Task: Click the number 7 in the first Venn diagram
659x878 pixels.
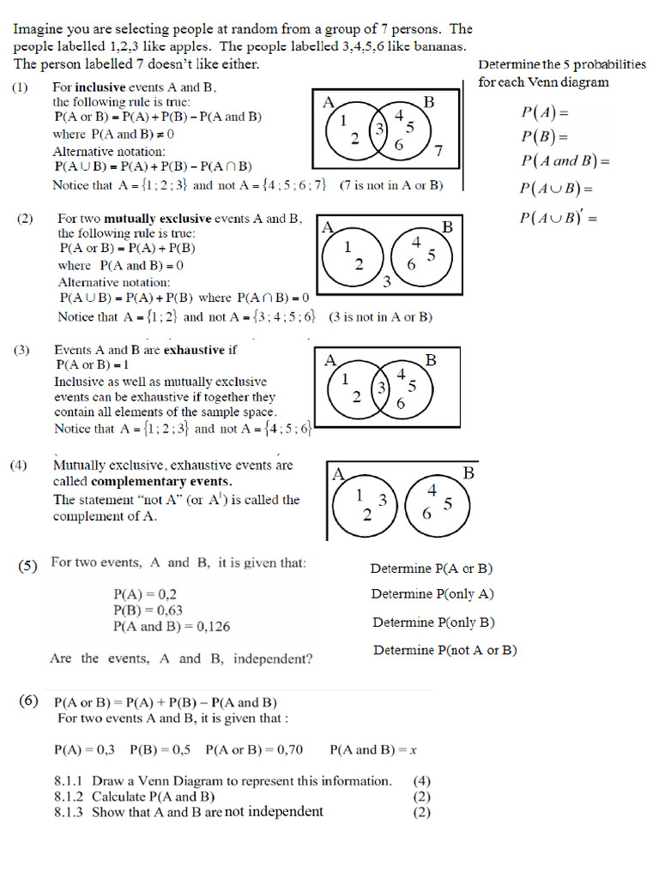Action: coord(438,152)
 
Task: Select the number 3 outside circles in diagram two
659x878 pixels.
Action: coord(387,281)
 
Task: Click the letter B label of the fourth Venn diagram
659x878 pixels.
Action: coord(469,472)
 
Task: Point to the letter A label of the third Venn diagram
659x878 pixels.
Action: coord(329,361)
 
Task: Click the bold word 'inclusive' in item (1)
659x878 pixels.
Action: coord(100,87)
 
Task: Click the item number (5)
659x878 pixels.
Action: coord(28,565)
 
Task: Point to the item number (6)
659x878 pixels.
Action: coord(29,701)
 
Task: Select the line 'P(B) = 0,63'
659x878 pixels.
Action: coord(148,610)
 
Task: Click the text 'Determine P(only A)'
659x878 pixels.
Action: coord(432,594)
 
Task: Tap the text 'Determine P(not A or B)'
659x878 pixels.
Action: coord(444,651)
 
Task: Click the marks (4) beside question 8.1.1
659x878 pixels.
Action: coord(421,781)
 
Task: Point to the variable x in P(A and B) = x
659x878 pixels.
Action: coord(413,750)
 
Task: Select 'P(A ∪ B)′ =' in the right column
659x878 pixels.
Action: coord(558,218)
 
